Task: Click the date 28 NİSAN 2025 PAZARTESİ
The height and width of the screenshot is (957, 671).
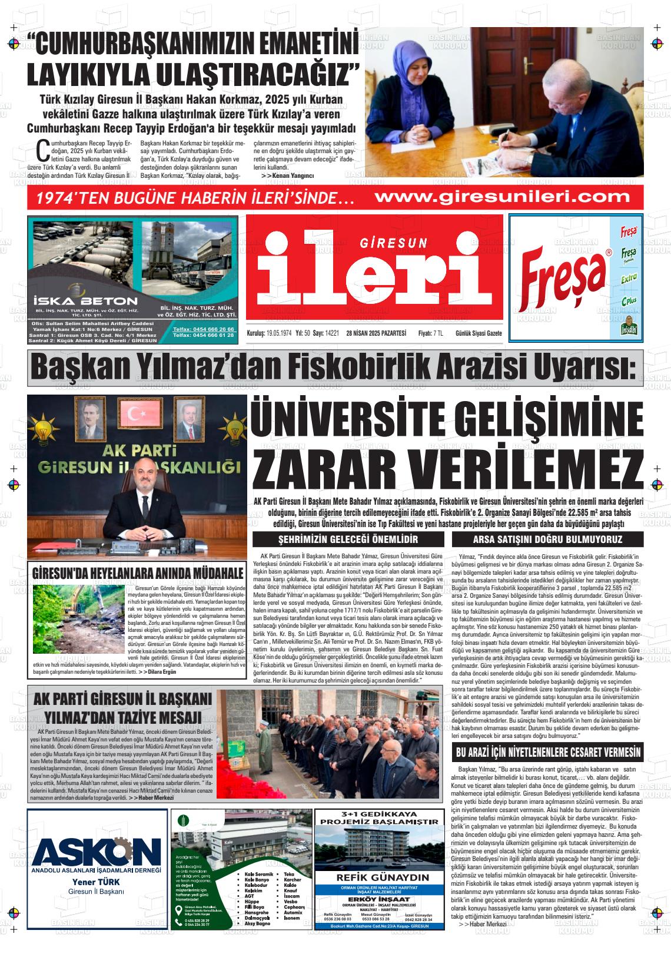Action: tap(376, 333)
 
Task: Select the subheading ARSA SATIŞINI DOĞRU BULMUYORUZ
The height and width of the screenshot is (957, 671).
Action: tap(547, 539)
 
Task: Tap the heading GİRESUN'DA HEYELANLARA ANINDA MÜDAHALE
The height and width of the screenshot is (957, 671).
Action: tap(138, 573)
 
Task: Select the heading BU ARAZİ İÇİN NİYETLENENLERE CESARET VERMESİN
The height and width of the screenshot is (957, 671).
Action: tap(548, 753)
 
